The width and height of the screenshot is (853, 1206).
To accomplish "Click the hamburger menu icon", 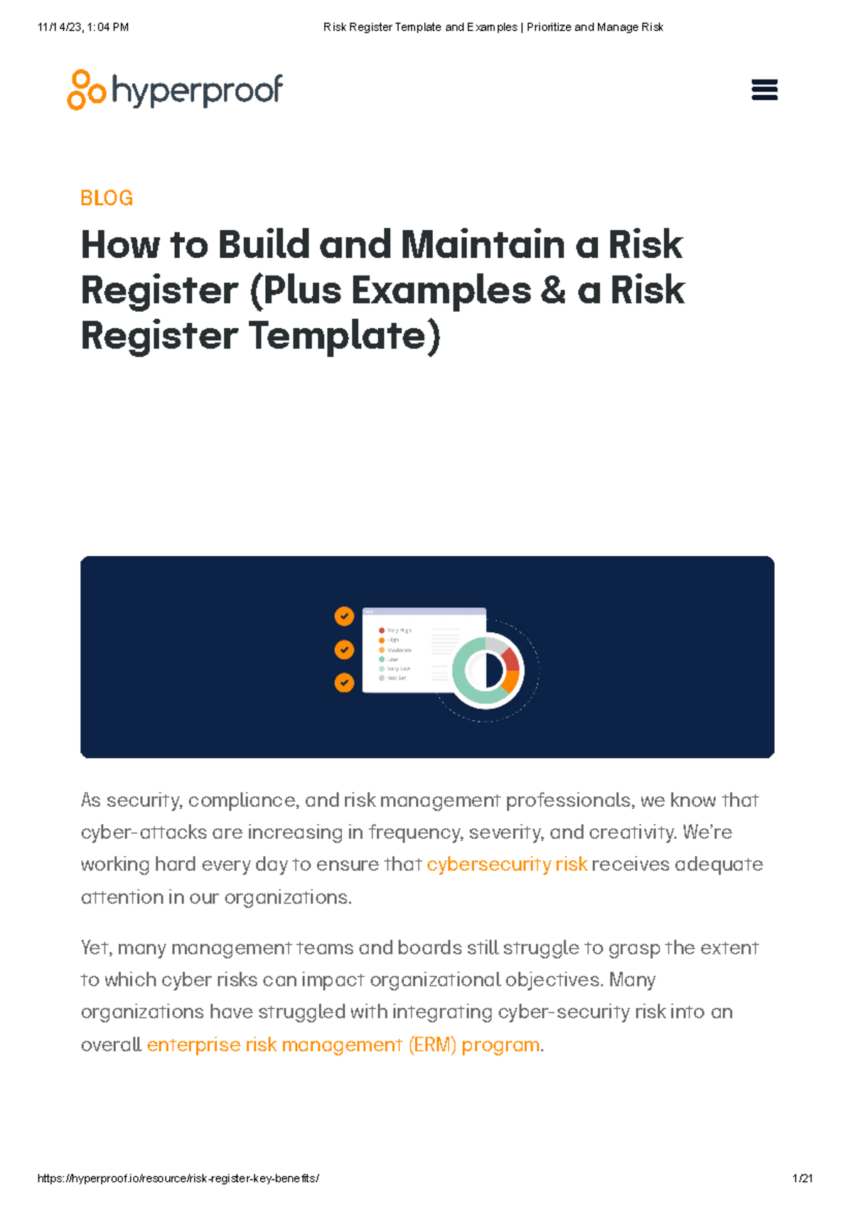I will click(764, 90).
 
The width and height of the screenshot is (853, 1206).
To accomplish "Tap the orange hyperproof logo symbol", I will click(86, 89).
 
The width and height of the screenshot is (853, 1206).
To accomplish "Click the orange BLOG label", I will click(107, 198).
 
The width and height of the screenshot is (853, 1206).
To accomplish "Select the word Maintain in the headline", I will click(483, 245).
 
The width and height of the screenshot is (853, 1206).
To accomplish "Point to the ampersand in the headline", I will click(553, 290).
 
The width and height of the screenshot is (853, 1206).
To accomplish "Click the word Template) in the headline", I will click(345, 336).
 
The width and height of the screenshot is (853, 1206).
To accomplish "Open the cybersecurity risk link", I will click(507, 864).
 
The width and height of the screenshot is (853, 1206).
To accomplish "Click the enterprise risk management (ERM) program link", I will click(343, 1045).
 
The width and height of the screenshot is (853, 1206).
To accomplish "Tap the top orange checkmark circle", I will click(344, 616).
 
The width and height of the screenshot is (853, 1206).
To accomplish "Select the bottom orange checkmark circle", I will click(344, 683).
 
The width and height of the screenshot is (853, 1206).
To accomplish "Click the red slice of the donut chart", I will click(510, 659).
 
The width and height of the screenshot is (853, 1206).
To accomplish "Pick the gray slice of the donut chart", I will click(495, 644).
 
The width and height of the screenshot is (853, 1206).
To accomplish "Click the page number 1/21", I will click(803, 1178).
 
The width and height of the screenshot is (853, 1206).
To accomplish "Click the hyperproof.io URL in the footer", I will click(178, 1178).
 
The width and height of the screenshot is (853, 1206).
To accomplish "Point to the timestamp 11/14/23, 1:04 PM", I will click(83, 27).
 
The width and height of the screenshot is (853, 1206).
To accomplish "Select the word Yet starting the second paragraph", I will click(95, 948).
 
